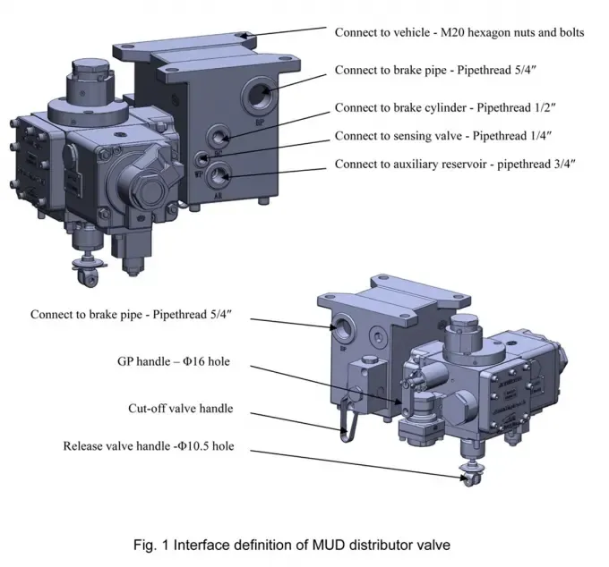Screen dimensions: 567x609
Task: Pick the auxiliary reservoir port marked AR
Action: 219,176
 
